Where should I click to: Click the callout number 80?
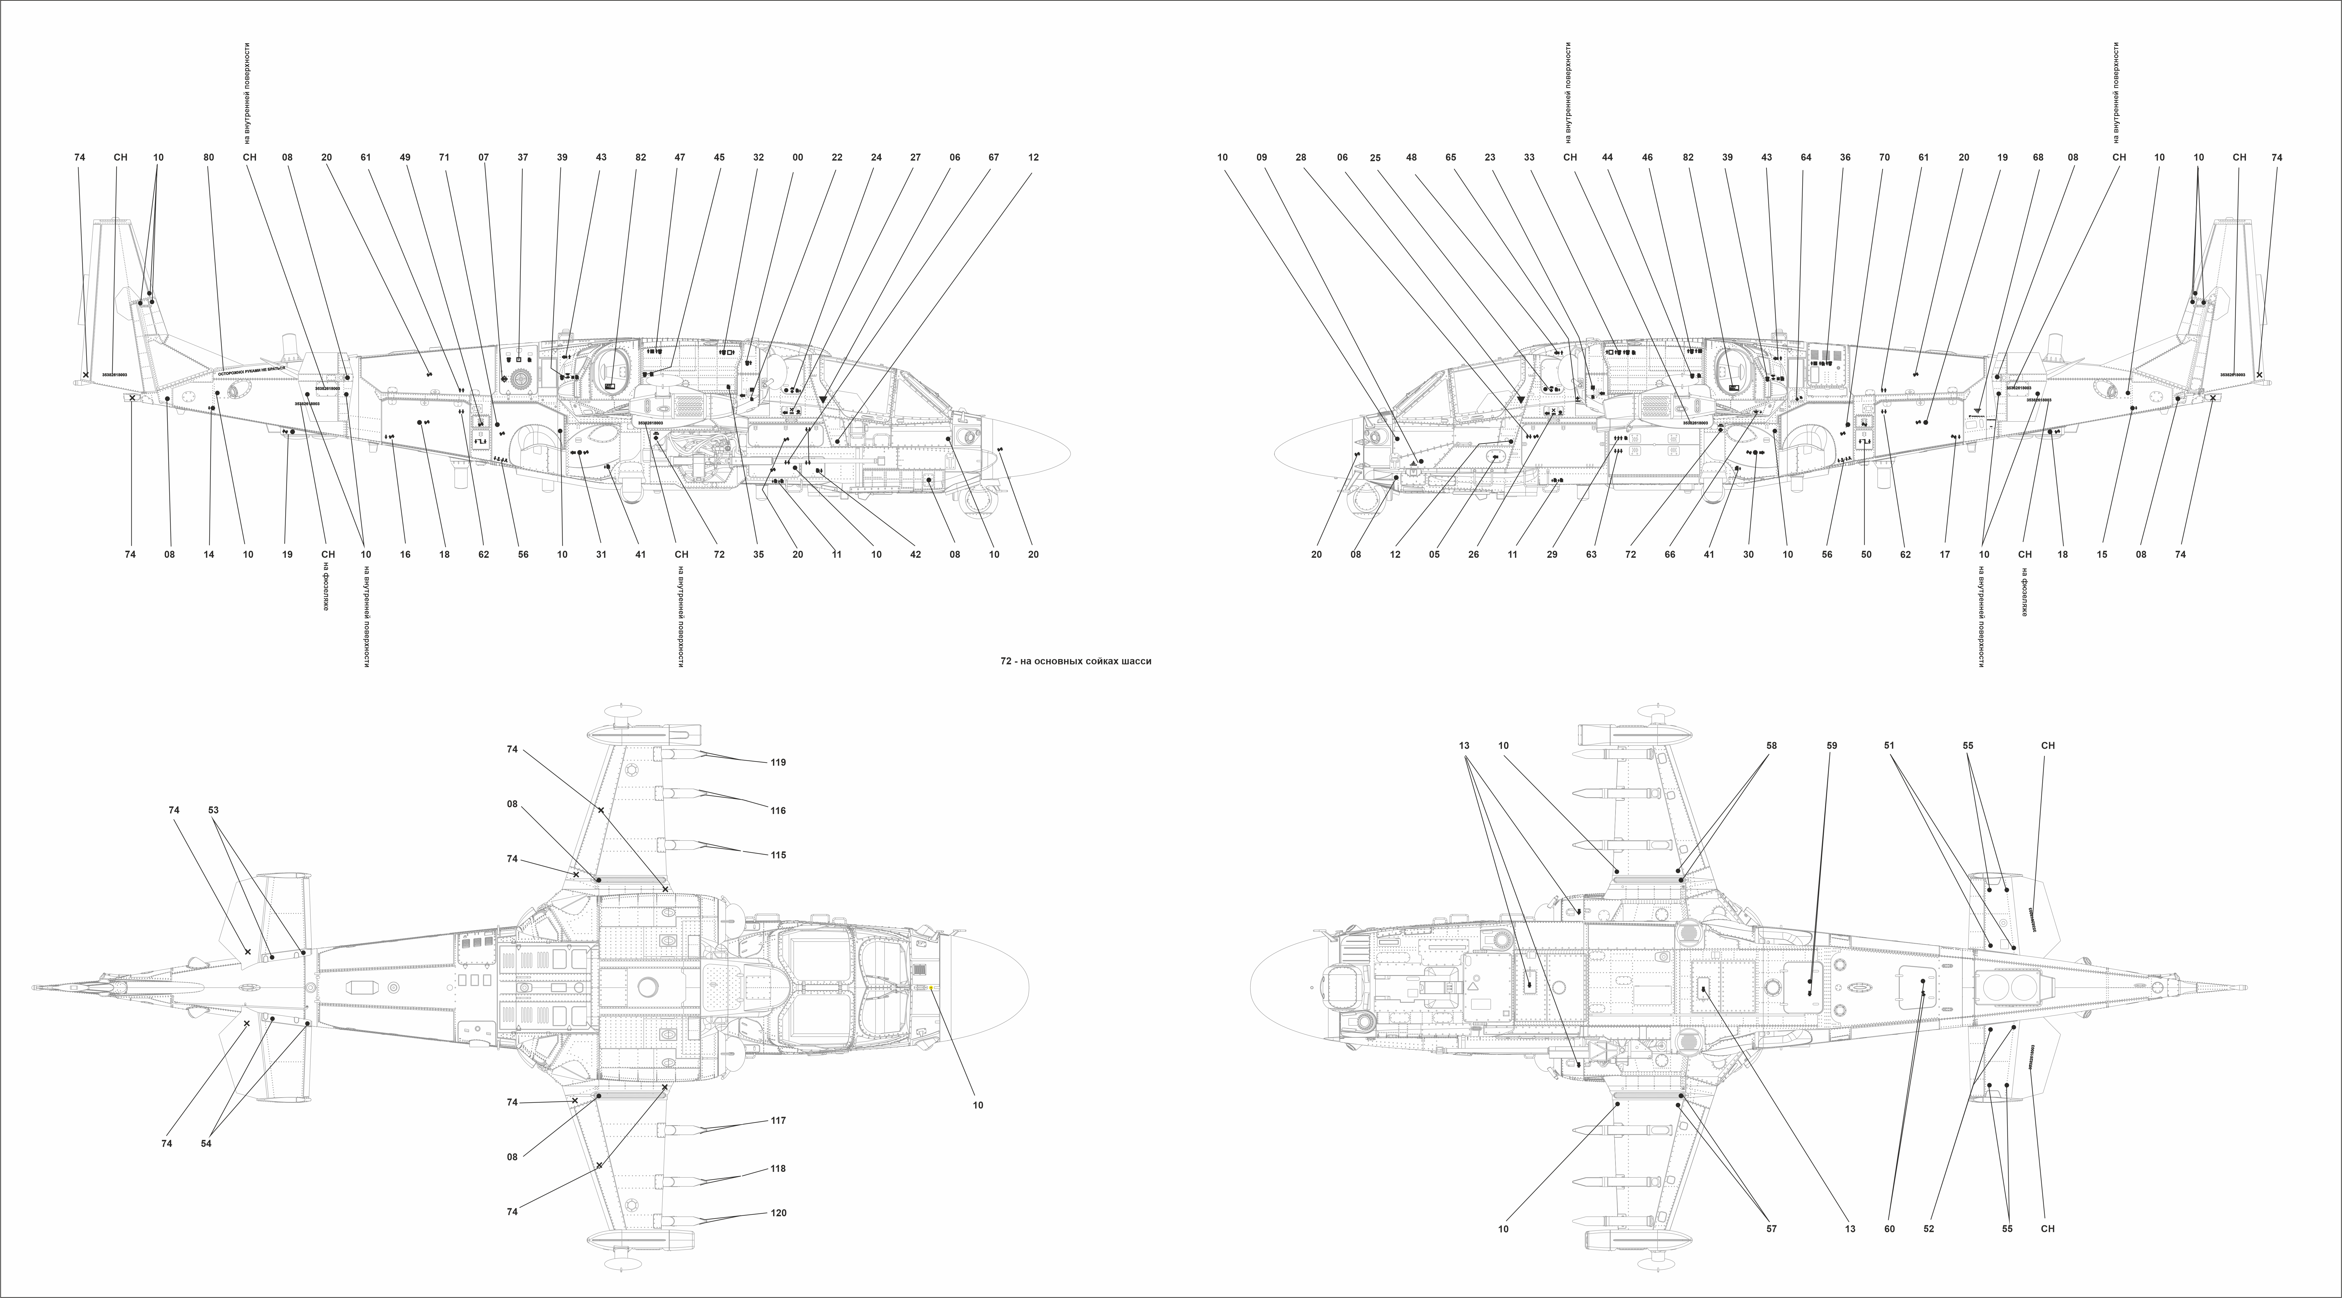[x=209, y=157]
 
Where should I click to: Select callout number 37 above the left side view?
[x=523, y=157]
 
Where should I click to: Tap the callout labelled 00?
[x=797, y=157]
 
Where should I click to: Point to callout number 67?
[x=994, y=157]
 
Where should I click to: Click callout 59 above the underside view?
[x=1831, y=745]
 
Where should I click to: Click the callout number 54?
[x=206, y=1143]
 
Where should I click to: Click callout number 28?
[x=1301, y=157]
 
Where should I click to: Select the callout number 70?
[x=1885, y=157]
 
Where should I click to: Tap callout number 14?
[x=209, y=554]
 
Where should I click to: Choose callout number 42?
[x=916, y=554]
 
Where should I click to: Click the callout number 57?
[x=1771, y=1229]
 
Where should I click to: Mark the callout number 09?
[x=1262, y=157]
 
